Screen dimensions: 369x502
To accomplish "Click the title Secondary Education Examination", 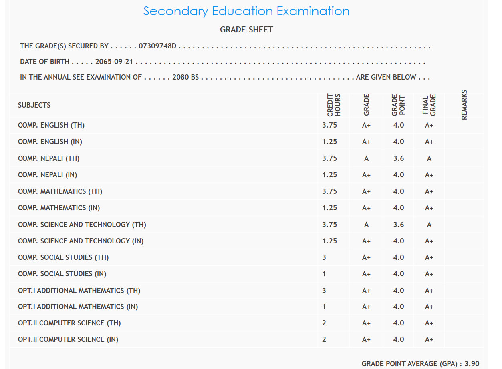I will pyautogui.click(x=246, y=11).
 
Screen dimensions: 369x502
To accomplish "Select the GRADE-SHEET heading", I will pyautogui.click(x=246, y=30).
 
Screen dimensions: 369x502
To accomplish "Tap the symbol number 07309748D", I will pyautogui.click(x=157, y=46).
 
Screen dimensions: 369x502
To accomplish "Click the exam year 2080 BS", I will pyautogui.click(x=185, y=77).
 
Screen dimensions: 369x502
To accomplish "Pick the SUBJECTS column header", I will pyautogui.click(x=34, y=105).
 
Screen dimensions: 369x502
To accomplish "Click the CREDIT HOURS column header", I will pyautogui.click(x=333, y=105).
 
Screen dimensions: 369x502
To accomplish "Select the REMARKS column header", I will pyautogui.click(x=464, y=105).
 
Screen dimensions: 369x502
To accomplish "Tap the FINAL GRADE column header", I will pyautogui.click(x=429, y=105).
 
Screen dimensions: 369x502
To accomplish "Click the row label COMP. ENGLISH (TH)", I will pyautogui.click(x=51, y=126).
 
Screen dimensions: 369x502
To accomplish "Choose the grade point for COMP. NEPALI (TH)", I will pyautogui.click(x=398, y=158).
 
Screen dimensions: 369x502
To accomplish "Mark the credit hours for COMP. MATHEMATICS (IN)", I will pyautogui.click(x=329, y=208).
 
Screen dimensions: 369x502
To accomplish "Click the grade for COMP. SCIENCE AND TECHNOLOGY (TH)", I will pyautogui.click(x=366, y=225).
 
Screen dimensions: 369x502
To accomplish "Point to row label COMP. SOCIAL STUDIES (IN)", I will pyautogui.click(x=62, y=274).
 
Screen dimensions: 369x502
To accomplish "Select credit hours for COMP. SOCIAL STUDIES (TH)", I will pyautogui.click(x=324, y=257).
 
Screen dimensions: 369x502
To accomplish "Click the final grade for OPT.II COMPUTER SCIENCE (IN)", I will pyautogui.click(x=429, y=339).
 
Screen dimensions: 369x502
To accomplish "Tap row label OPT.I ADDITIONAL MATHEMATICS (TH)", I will pyautogui.click(x=79, y=291).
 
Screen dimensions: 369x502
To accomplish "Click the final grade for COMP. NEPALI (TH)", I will pyautogui.click(x=429, y=158).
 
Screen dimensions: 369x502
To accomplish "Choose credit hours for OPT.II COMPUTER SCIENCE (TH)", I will pyautogui.click(x=324, y=323).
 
